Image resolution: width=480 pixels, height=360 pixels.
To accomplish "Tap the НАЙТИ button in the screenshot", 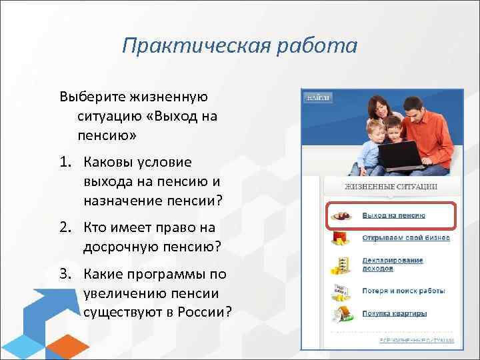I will (318, 98).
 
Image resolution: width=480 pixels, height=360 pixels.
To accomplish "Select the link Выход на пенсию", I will (393, 215).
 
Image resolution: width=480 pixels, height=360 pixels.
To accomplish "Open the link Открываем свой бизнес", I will (405, 237).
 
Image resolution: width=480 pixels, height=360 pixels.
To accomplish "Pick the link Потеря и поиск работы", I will (403, 291).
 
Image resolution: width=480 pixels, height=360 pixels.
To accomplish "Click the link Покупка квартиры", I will (394, 313).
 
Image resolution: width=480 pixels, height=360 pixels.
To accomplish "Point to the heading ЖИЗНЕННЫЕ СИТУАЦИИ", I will (391, 187).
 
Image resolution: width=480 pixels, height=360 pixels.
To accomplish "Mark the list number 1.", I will (66, 163).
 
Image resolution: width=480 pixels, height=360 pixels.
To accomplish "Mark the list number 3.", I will (66, 275).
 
